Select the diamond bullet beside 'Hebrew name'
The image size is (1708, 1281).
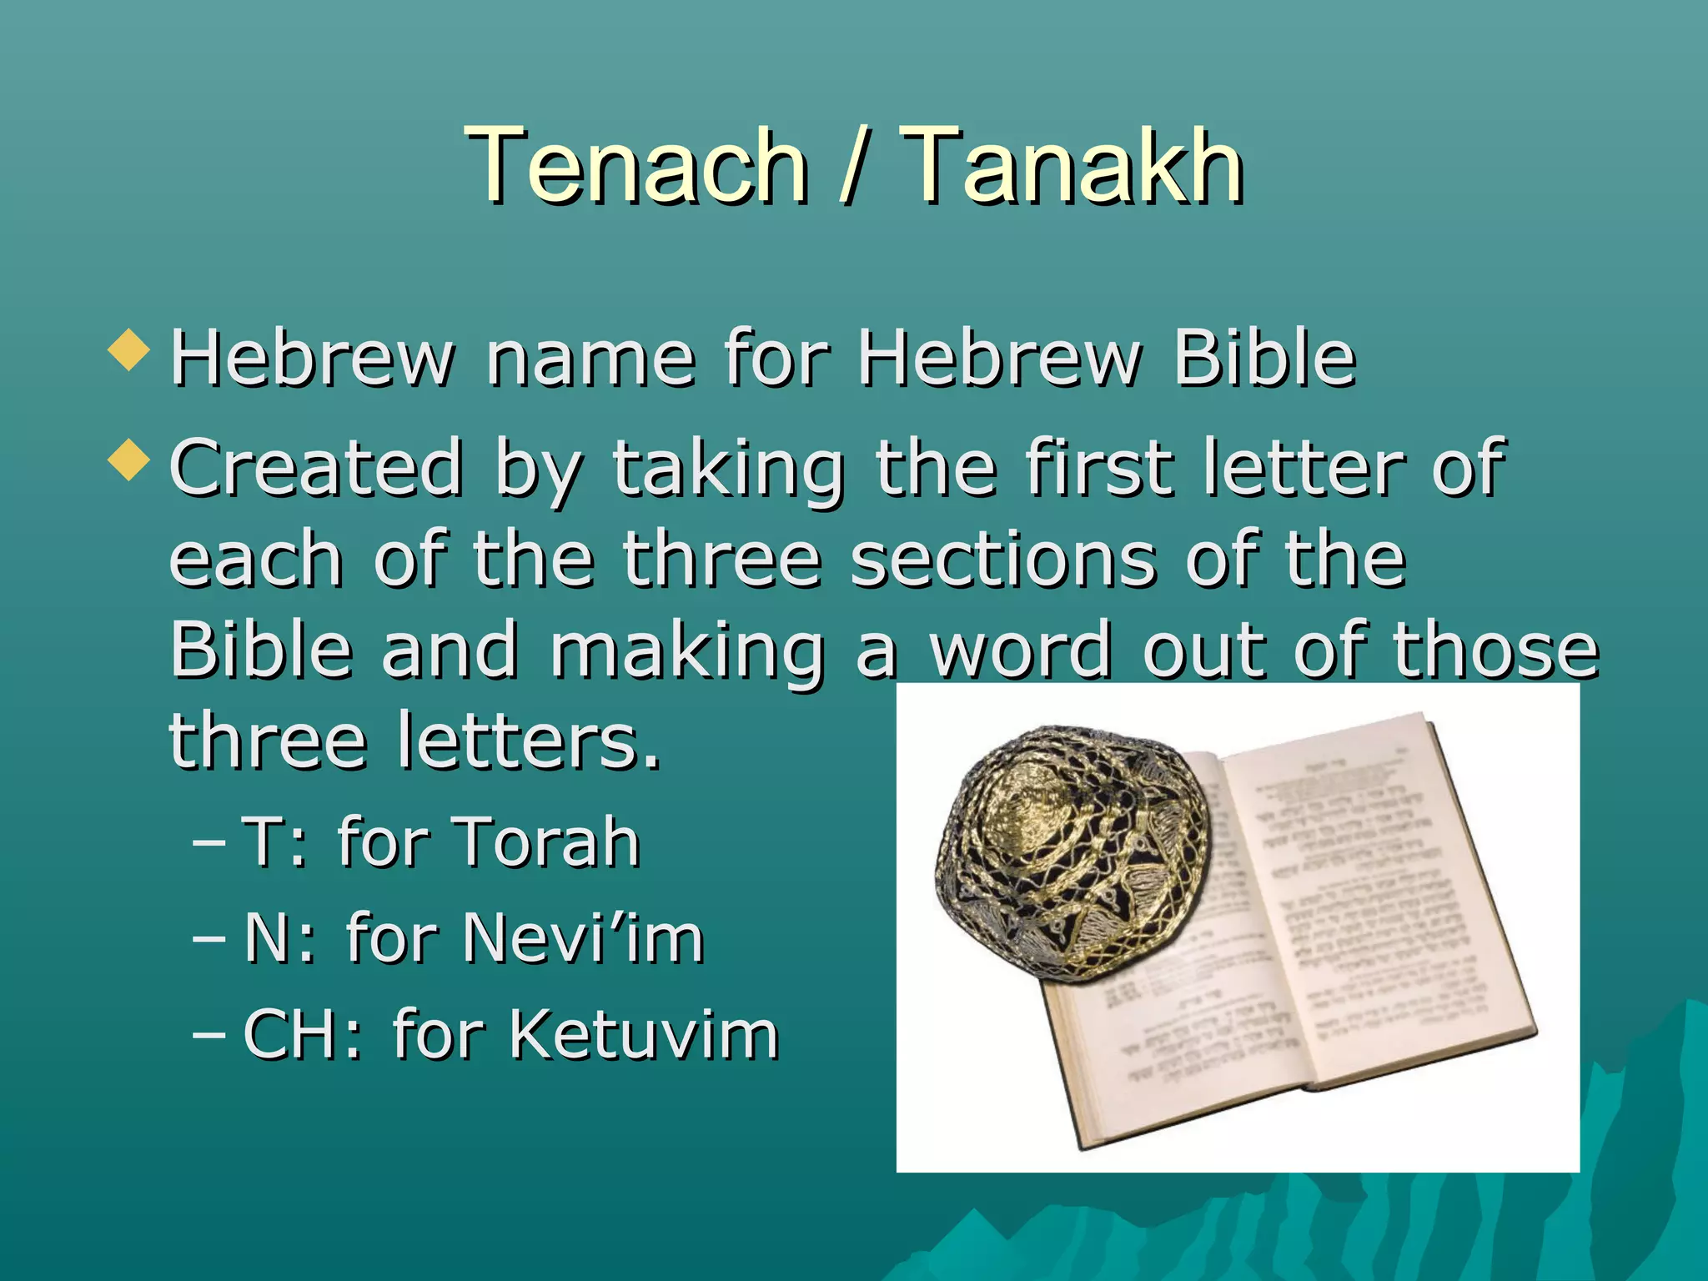pyautogui.click(x=128, y=349)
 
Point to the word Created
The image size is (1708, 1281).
pyautogui.click(x=316, y=467)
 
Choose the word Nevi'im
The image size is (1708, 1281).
pyautogui.click(x=583, y=938)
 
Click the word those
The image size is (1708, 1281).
pyautogui.click(x=1496, y=651)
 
